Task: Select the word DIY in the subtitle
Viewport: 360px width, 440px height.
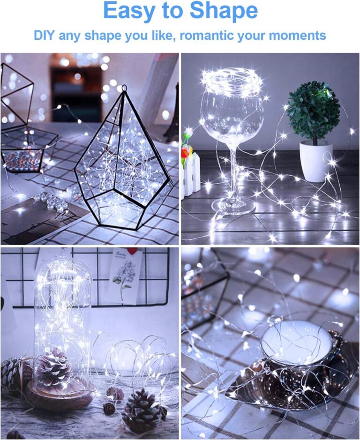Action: [x=45, y=35]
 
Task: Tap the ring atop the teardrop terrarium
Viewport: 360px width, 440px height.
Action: [x=124, y=88]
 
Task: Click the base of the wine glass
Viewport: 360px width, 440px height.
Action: [x=233, y=205]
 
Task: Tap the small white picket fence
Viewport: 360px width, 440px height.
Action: [x=190, y=173]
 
